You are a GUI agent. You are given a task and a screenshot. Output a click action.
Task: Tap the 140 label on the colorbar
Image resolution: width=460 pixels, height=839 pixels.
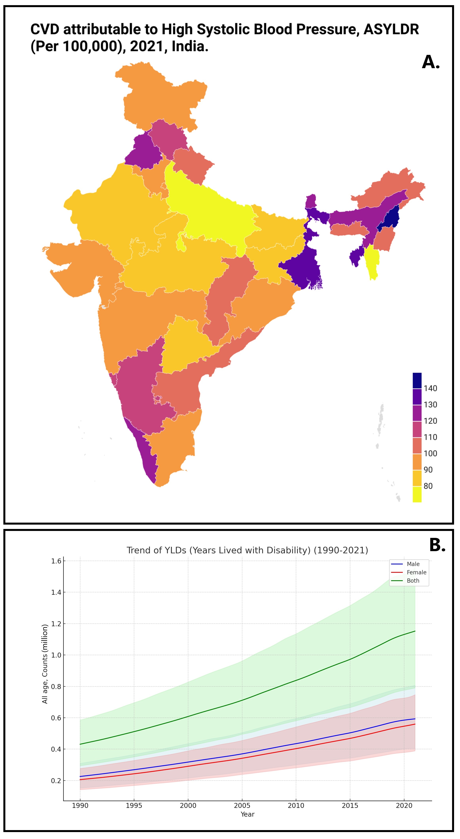click(430, 388)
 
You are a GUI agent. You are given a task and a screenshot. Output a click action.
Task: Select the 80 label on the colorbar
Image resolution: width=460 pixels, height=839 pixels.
click(428, 486)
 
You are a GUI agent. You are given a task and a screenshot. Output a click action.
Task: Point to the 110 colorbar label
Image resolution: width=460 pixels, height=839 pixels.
click(430, 437)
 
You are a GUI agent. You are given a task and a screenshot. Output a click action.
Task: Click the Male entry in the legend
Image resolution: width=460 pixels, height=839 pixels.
click(413, 564)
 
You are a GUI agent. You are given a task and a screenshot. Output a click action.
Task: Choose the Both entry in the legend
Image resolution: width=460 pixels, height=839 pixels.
click(413, 581)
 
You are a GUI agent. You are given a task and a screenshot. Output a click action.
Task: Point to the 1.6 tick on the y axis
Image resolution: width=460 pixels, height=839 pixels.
click(56, 561)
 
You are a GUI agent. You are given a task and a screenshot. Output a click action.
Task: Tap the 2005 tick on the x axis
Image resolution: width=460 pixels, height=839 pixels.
click(242, 806)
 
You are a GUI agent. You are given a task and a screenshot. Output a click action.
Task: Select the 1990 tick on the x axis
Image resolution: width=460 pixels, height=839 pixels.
click(80, 806)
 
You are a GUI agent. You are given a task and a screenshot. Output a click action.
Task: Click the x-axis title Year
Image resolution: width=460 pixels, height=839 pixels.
click(247, 814)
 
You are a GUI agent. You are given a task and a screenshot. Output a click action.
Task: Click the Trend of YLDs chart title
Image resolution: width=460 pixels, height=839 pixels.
click(247, 550)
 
